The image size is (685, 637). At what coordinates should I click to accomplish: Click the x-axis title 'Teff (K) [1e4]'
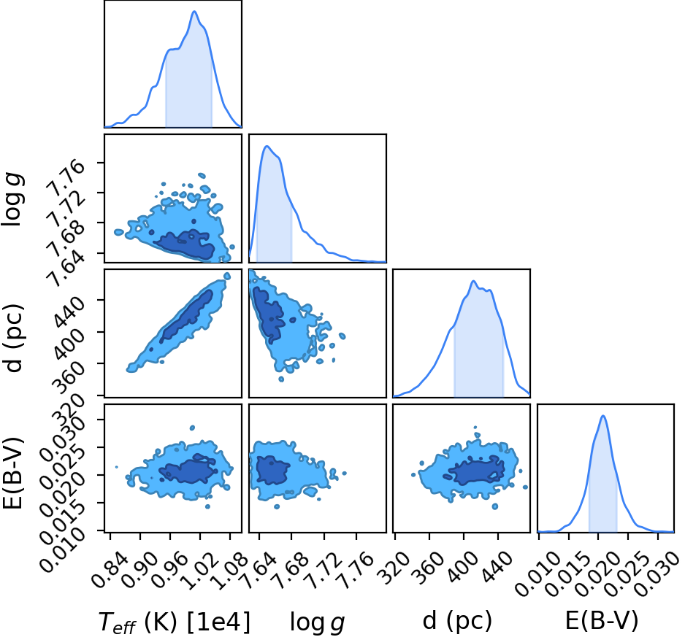pos(175,622)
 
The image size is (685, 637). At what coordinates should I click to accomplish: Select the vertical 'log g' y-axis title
pos(12,198)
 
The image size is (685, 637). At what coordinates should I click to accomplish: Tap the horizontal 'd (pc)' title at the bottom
pos(457,620)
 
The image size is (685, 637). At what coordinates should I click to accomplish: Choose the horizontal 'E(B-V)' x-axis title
pos(602,620)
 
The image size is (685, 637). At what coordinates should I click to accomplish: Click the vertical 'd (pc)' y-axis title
pos(14,337)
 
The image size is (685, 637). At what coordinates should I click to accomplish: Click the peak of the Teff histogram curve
pos(194,12)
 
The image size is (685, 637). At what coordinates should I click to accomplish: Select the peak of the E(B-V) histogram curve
pos(603,416)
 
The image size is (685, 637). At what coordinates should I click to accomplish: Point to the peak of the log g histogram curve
pos(267,146)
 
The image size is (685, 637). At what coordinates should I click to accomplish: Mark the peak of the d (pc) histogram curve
pos(473,281)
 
